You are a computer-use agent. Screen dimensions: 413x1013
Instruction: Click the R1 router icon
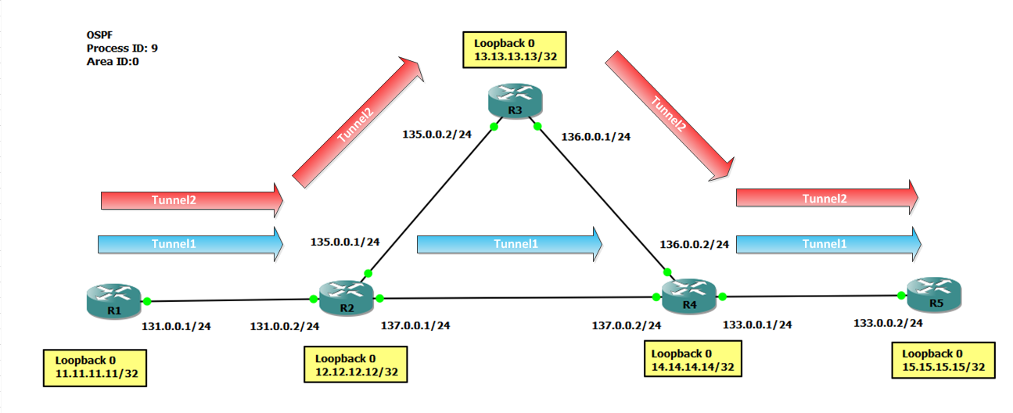[113, 301]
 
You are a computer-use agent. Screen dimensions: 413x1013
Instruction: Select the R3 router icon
[514, 102]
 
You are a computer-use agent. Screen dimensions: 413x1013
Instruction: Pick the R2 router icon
[347, 298]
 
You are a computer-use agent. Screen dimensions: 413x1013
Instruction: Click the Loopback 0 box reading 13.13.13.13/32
[514, 51]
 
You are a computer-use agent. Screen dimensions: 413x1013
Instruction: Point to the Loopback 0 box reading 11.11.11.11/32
[96, 368]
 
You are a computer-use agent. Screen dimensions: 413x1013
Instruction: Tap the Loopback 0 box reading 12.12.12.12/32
[356, 365]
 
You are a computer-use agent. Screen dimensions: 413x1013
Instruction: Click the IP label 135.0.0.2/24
[437, 134]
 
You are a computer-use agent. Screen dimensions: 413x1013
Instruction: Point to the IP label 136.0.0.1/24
[596, 137]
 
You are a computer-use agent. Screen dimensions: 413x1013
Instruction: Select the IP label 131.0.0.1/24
[176, 326]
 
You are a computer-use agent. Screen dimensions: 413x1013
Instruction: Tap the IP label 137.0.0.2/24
[627, 325]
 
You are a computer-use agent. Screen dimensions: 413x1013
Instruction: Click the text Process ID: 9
[122, 48]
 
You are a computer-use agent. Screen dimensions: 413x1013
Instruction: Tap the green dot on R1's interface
[146, 300]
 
